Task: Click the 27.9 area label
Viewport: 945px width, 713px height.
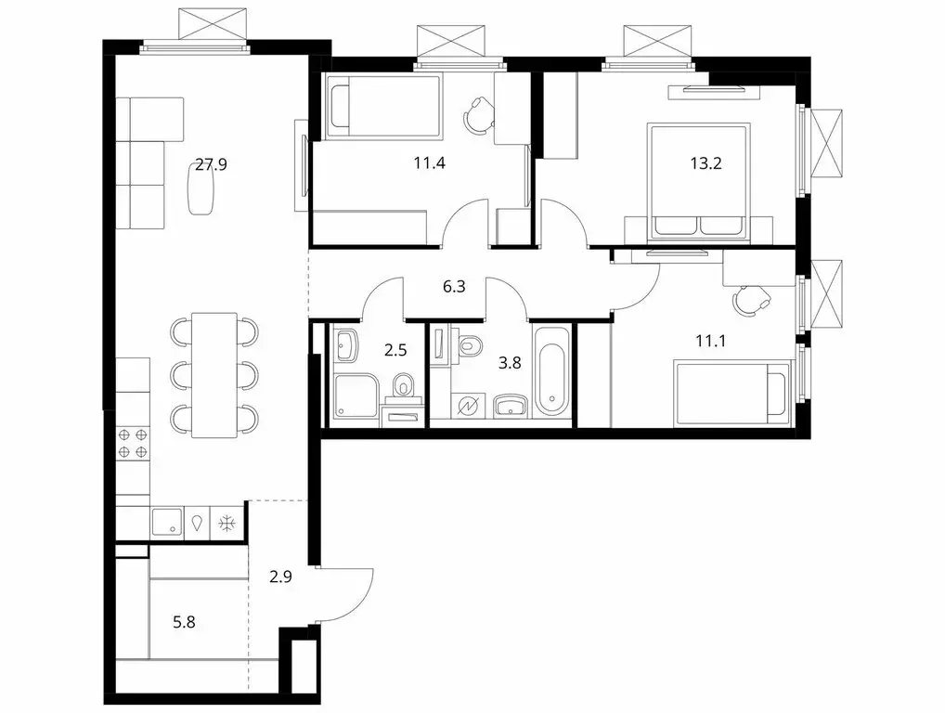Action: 211,165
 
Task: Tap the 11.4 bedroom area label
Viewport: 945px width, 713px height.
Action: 430,165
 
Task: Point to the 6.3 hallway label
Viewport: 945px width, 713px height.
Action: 453,287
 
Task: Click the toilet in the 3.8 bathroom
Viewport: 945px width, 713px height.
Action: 471,345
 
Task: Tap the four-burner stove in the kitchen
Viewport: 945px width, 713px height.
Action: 132,443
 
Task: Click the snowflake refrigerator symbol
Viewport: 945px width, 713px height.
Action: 227,523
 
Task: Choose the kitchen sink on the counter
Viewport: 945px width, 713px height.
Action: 167,522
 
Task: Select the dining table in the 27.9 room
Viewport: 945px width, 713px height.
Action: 214,374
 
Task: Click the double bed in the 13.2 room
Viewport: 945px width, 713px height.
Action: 698,181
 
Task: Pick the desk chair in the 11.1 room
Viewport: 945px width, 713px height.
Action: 750,299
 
